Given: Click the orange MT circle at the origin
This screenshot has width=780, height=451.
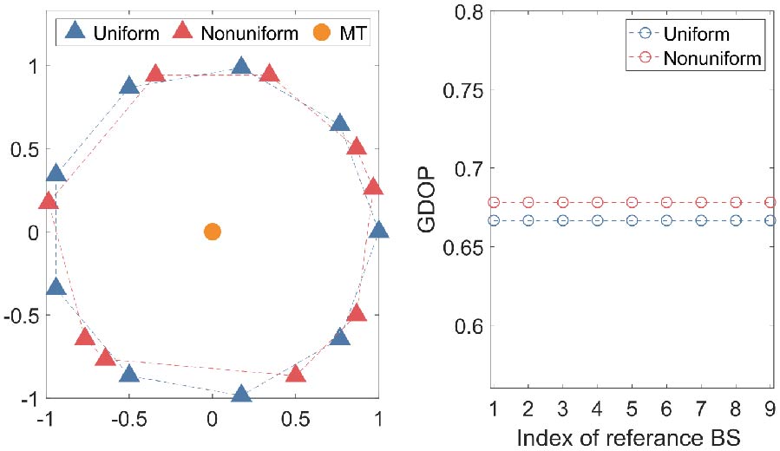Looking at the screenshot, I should pos(212,232).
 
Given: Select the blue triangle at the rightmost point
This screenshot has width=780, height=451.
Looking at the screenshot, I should pos(378,231).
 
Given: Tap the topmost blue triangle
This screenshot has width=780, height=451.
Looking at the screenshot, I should pos(241,67).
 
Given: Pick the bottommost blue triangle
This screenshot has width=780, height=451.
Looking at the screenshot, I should pos(241,395).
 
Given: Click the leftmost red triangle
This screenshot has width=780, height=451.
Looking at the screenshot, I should pos(49,202).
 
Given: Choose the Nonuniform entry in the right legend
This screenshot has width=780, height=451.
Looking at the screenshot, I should pos(711,59).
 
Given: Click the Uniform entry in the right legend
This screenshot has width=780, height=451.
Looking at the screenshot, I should pos(696,36).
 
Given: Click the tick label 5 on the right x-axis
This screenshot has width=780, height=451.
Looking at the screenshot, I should pos(632,409).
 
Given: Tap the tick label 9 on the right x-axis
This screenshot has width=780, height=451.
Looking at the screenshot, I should pos(770,409).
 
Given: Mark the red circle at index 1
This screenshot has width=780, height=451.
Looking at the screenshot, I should pos(494,202).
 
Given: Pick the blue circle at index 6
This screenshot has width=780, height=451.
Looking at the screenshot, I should pos(666,220).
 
